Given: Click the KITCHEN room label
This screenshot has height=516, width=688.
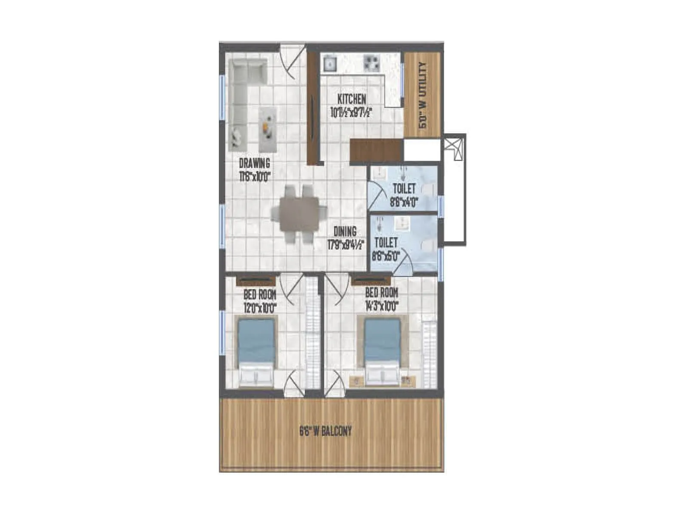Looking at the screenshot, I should click(351, 99).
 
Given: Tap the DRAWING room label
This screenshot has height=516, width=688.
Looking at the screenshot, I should click(254, 163).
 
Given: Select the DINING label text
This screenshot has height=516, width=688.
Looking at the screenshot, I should click(345, 231).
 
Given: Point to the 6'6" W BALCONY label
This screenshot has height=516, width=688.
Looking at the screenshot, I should click(326, 431).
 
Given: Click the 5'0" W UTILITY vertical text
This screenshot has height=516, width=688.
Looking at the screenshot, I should click(423, 95).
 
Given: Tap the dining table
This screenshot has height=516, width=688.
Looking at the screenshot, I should click(299, 214).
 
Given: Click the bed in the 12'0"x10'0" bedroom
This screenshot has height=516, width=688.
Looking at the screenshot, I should click(256, 350).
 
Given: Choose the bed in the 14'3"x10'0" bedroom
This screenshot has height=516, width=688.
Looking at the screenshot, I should click(382, 350).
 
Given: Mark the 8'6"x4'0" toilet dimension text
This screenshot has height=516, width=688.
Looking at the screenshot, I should click(404, 202).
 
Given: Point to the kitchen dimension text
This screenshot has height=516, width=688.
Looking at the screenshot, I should click(351, 113).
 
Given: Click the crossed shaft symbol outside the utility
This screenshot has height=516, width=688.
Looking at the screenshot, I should click(454, 148).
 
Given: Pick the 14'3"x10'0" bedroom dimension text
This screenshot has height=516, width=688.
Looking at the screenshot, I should click(382, 306).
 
